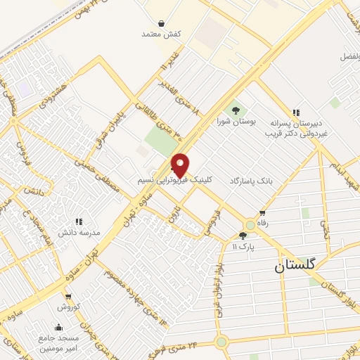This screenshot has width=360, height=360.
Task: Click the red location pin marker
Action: click(x=181, y=164)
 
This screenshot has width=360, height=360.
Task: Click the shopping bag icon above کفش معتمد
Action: click(x=162, y=23)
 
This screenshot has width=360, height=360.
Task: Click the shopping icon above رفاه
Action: click(x=262, y=212)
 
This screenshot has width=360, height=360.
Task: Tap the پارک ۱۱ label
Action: click(x=243, y=247)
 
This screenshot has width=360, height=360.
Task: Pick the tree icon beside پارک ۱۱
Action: click(x=243, y=236)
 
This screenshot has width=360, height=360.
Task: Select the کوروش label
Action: click(x=68, y=307)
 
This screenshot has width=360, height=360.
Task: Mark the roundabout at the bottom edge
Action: click(x=222, y=343)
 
